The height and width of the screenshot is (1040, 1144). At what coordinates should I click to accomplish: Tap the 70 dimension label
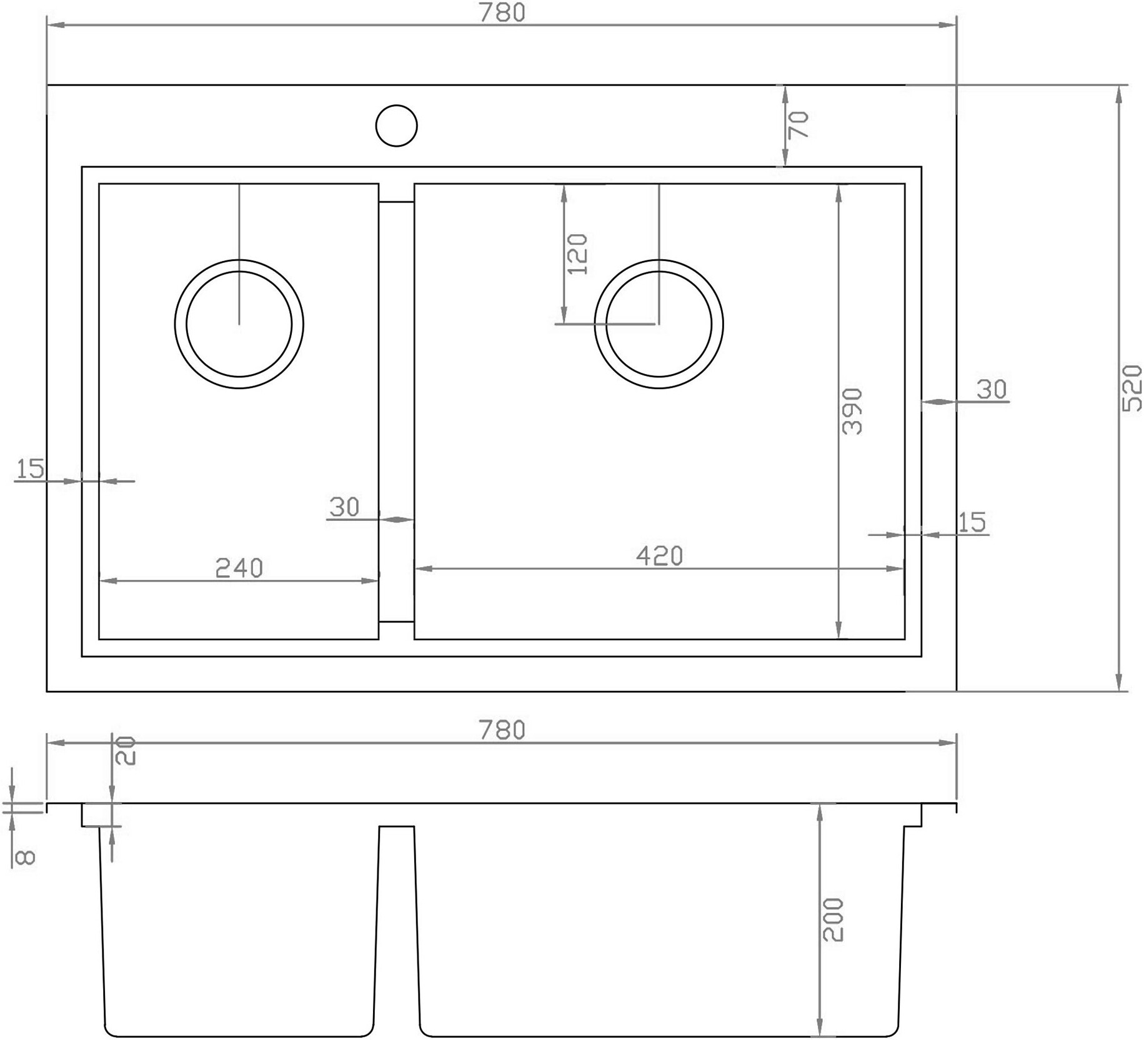(798, 124)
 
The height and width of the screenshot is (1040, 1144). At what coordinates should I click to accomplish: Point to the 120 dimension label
(577, 254)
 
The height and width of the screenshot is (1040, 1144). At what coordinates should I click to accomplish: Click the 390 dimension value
(852, 411)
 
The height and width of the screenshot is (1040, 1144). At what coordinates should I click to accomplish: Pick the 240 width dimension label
(239, 568)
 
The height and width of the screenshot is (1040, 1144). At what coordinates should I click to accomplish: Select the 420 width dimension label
(659, 555)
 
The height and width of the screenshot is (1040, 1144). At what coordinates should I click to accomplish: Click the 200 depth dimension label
(833, 919)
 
